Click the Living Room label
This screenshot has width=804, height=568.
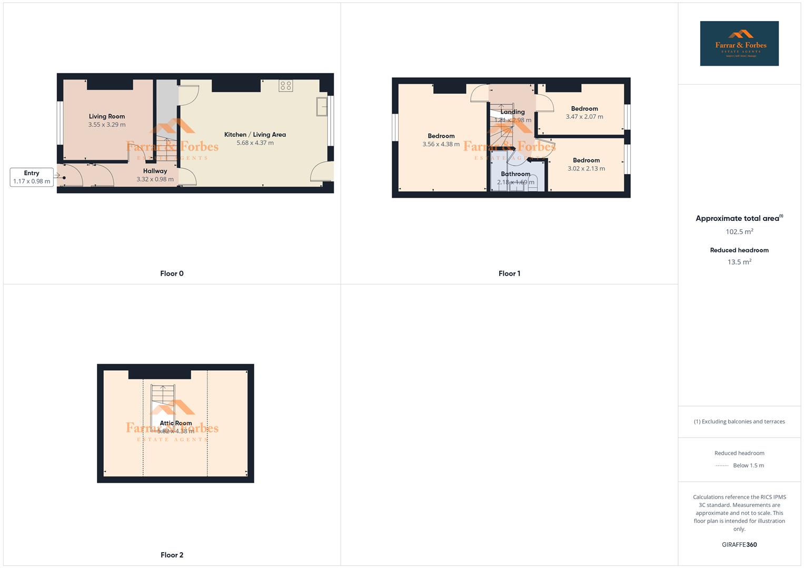tap(107, 116)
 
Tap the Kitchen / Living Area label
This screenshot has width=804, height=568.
tap(255, 135)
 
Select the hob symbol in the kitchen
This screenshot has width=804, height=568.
tap(286, 86)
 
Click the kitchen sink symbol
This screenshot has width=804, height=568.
tap(322, 107)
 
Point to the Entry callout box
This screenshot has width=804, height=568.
tap(32, 177)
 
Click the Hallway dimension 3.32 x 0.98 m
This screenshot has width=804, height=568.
tap(155, 179)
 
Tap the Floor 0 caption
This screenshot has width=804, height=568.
tap(172, 273)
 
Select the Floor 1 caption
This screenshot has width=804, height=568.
tap(509, 273)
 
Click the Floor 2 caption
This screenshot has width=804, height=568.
tap(172, 555)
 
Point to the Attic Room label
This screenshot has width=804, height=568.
tap(176, 423)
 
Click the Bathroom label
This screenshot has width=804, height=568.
tap(515, 174)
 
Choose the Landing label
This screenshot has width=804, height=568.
tap(512, 112)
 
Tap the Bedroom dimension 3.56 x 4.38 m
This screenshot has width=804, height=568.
tap(441, 144)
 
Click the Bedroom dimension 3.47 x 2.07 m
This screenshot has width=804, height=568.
tap(584, 117)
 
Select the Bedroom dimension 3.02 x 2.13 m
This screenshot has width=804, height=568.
tap(586, 169)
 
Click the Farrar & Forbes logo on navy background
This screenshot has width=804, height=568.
tap(739, 44)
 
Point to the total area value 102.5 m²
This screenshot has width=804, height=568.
tap(739, 232)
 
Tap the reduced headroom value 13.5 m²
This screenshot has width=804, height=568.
tap(739, 262)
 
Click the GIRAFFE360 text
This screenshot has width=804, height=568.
tap(739, 545)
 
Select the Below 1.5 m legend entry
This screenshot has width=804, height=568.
tap(748, 465)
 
